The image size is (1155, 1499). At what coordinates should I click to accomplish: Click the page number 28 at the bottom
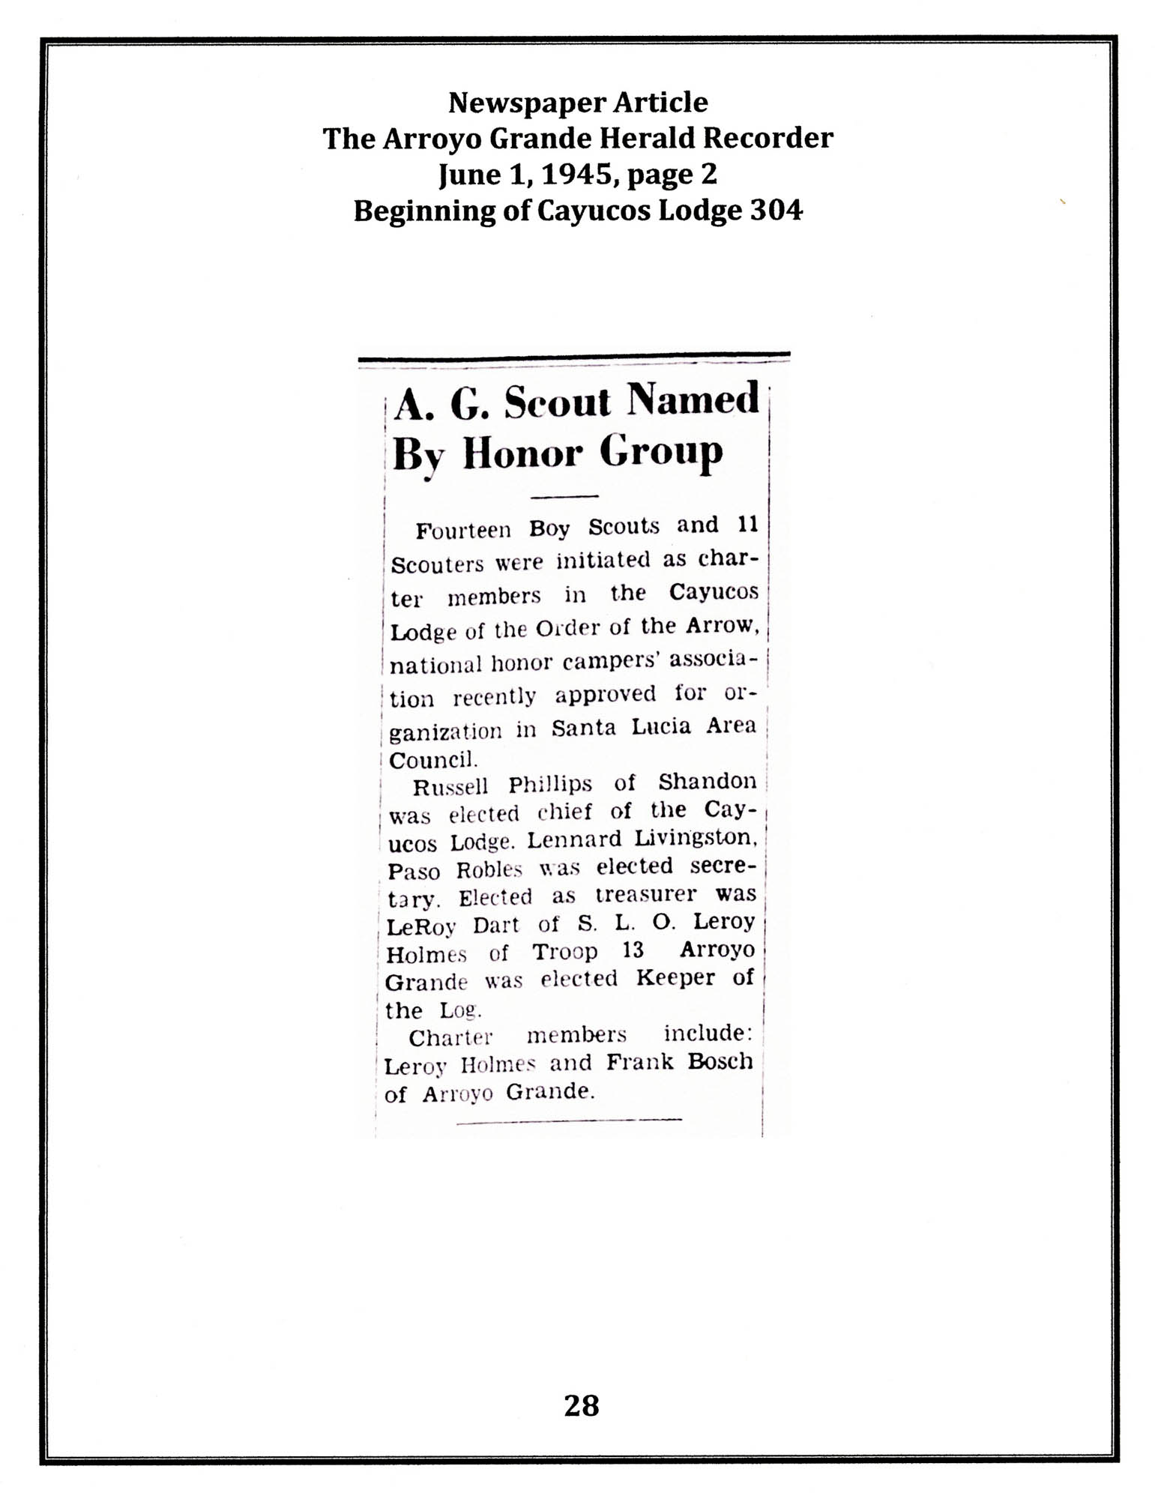click(581, 1405)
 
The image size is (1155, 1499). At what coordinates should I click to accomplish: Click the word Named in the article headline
click(693, 400)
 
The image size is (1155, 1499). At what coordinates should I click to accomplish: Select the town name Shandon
click(707, 782)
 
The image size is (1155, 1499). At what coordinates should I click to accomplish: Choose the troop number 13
click(633, 950)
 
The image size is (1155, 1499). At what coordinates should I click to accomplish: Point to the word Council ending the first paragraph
click(434, 760)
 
